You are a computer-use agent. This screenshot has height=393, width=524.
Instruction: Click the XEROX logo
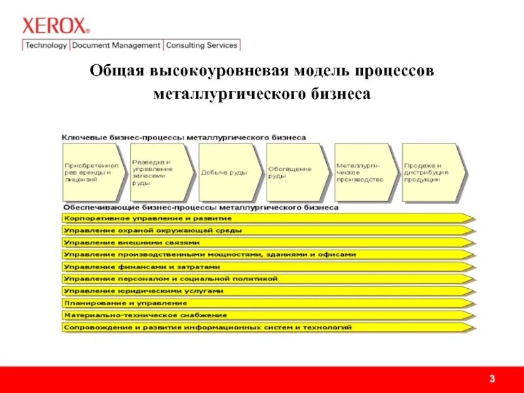click(x=55, y=26)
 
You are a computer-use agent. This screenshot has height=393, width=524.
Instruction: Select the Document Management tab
click(x=116, y=45)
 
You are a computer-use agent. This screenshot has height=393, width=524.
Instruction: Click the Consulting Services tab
click(x=202, y=45)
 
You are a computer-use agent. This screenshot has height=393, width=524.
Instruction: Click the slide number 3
click(x=491, y=380)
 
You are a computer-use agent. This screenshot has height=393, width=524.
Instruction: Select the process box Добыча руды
click(x=226, y=172)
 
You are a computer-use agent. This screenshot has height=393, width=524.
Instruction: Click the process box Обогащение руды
click(x=293, y=172)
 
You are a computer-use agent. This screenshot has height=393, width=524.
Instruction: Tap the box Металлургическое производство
click(x=362, y=172)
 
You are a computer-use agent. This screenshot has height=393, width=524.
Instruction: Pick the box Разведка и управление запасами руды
click(x=159, y=172)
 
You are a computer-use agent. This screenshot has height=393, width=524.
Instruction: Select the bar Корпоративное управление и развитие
click(x=262, y=217)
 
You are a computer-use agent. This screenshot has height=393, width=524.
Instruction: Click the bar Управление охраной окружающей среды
click(x=262, y=230)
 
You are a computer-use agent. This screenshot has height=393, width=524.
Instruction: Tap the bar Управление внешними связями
click(x=262, y=242)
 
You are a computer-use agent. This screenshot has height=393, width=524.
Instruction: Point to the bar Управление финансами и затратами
click(x=262, y=267)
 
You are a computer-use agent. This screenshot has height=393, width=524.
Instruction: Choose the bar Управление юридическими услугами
click(x=262, y=291)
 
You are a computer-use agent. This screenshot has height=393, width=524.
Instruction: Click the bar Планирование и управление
click(x=262, y=303)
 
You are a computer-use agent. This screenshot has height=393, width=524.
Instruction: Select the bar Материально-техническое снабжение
click(x=262, y=315)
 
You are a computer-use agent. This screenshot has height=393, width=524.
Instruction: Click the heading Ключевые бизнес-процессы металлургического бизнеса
click(x=184, y=138)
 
